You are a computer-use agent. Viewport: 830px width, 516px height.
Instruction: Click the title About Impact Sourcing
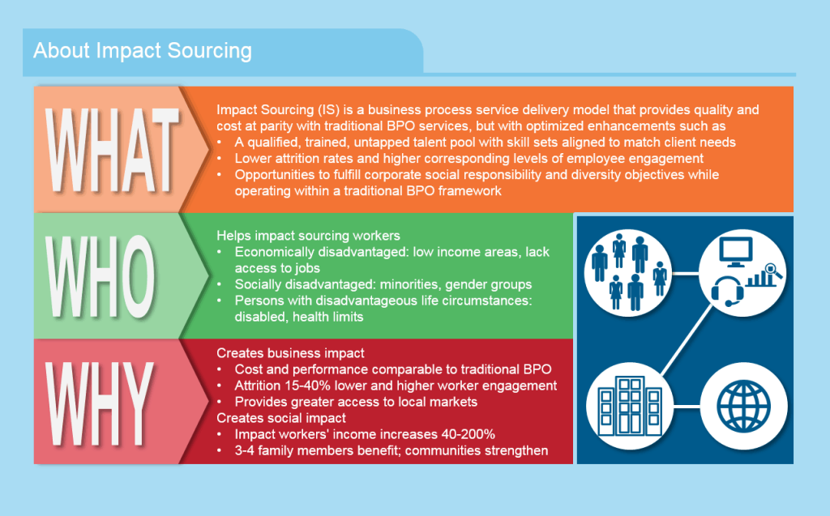(143, 51)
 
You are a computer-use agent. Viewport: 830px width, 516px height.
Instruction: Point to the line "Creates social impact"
(281, 418)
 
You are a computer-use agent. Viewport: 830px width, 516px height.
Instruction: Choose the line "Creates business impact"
(290, 353)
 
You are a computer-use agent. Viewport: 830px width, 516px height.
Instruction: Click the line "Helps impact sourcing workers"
(308, 236)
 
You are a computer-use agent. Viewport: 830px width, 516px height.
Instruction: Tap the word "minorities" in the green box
(417, 284)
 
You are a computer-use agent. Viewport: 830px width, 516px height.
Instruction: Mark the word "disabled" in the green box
(261, 317)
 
